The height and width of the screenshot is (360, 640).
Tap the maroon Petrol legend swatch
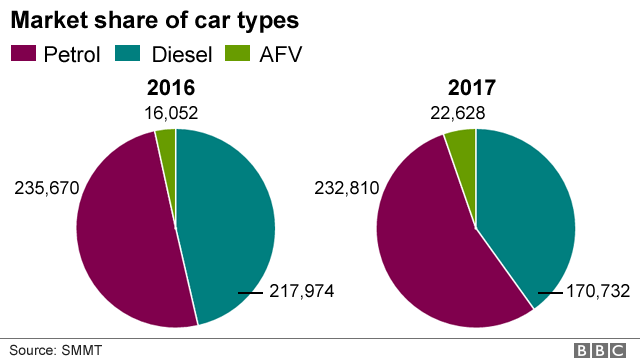[23, 53]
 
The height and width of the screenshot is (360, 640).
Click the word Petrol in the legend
[71, 54]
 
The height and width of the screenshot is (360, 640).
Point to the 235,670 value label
[46, 187]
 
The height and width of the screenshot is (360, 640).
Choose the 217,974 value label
[300, 292]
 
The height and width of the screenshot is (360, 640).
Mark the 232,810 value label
[347, 187]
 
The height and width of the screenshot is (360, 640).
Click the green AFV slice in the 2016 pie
[167, 144]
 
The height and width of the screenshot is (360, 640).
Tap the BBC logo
[600, 350]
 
